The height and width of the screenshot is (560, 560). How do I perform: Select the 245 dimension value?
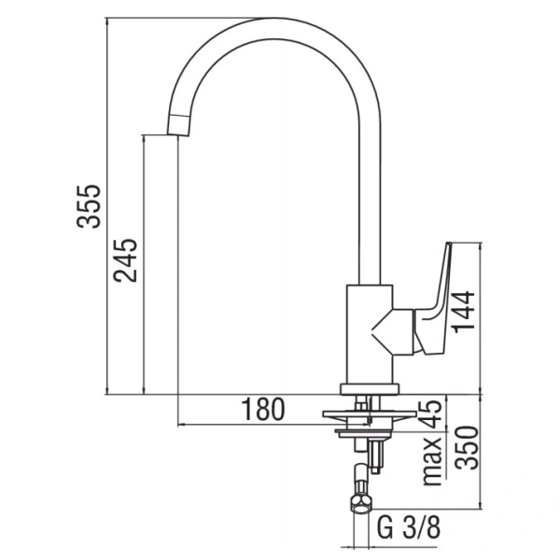point(126,261)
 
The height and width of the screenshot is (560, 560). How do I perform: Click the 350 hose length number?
point(465,449)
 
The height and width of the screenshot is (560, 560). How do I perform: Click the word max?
point(430,461)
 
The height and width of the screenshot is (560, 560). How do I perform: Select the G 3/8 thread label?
point(410,527)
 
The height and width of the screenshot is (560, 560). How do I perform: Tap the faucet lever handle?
point(436,299)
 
